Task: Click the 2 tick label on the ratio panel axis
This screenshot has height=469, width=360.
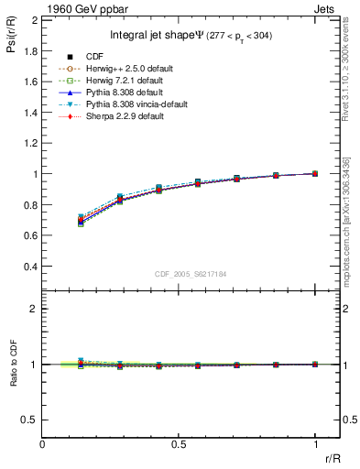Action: [33, 309]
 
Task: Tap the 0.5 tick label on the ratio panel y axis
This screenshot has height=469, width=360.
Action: [29, 420]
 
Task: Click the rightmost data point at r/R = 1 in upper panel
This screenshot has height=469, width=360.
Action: [315, 173]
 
